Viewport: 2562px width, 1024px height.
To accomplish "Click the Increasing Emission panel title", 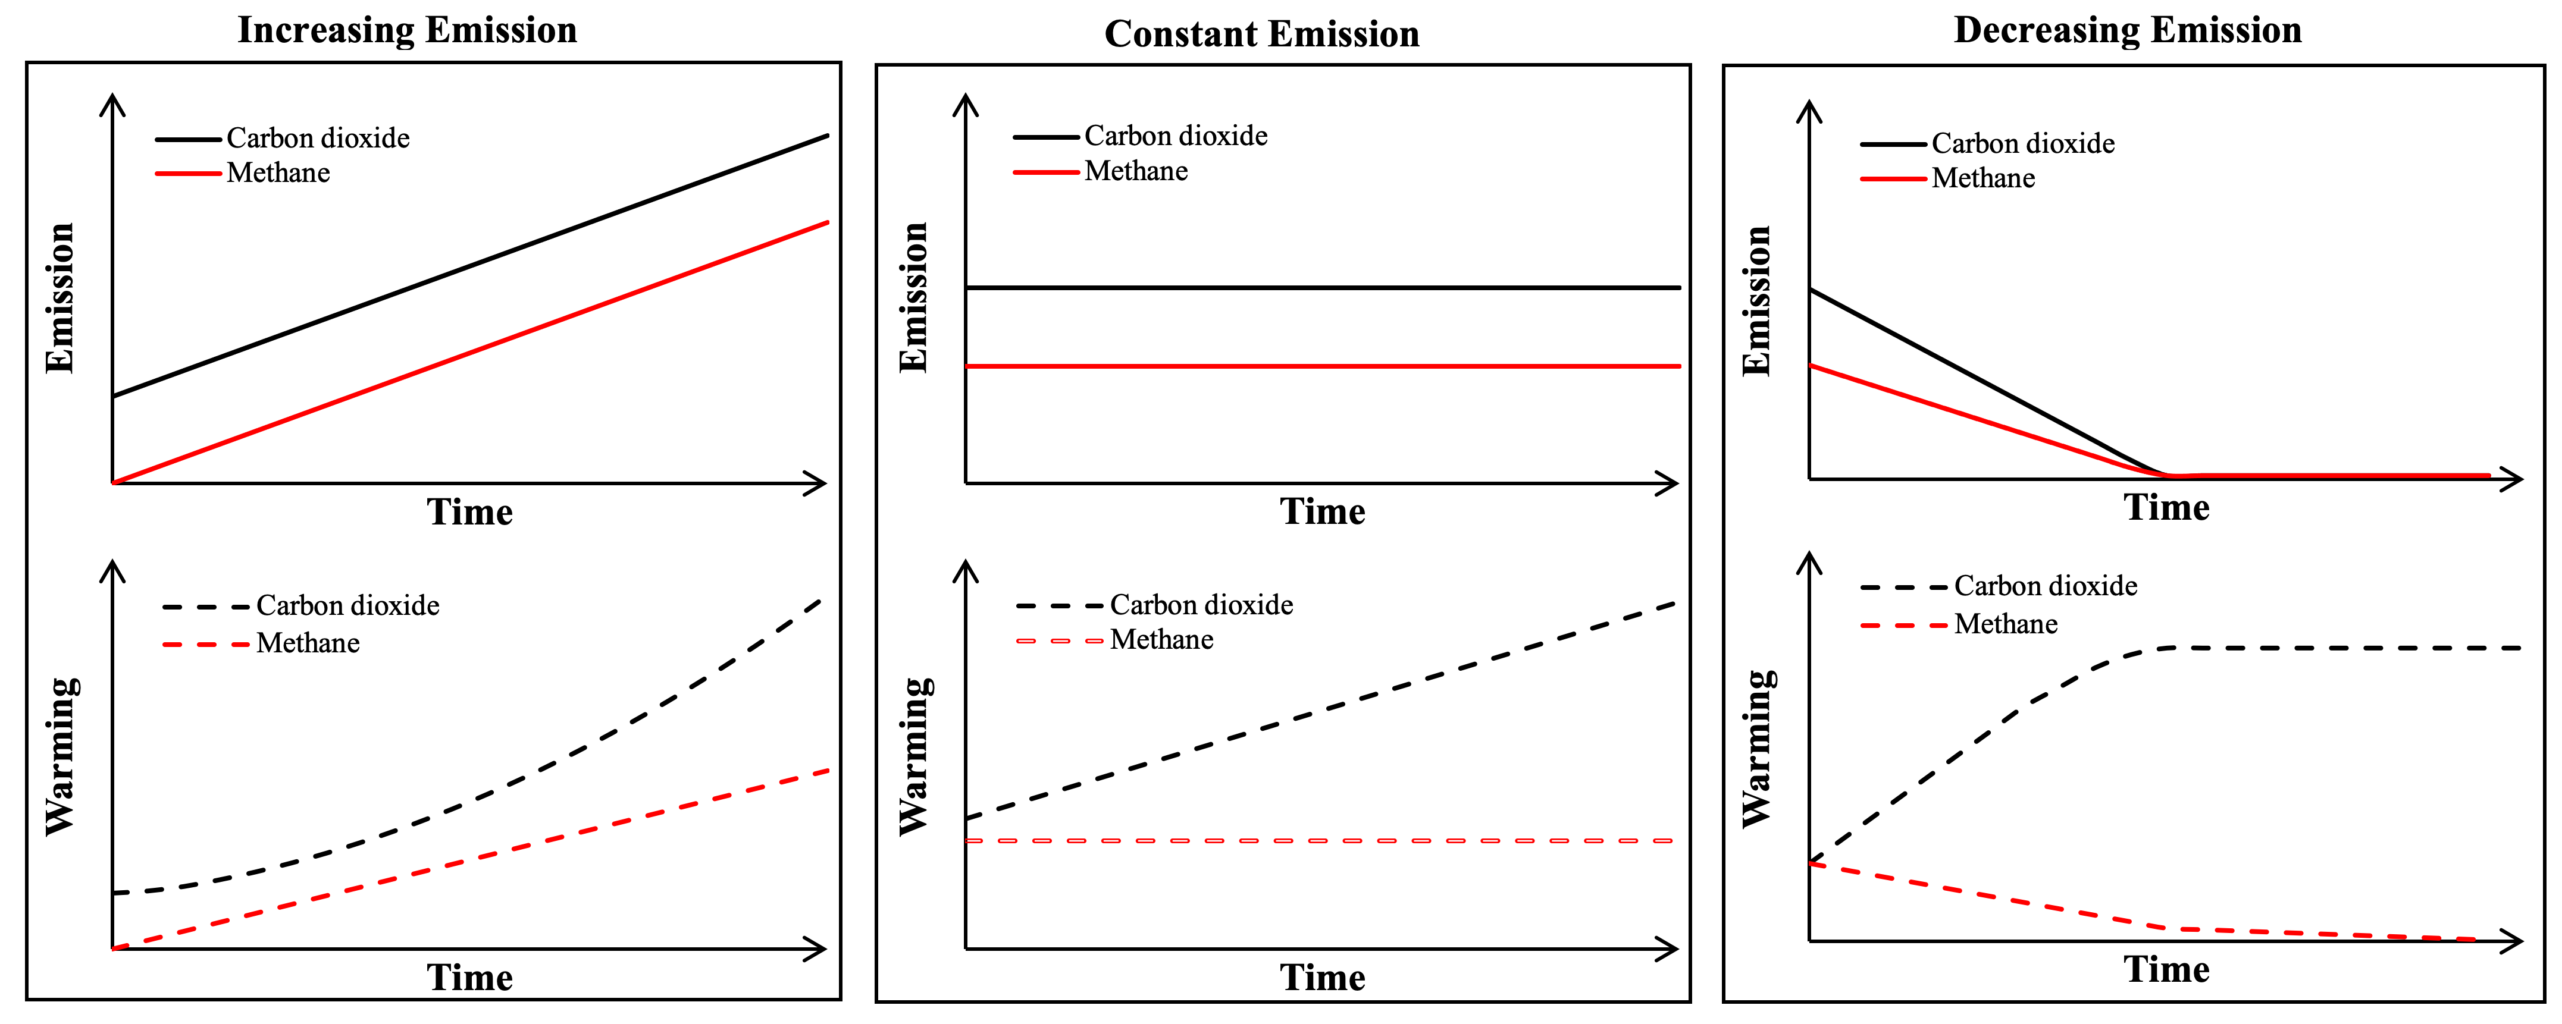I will coord(407,30).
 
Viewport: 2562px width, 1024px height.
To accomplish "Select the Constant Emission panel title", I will coord(1261,34).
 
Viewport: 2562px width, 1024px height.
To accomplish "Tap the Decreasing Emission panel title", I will coord(2128,30).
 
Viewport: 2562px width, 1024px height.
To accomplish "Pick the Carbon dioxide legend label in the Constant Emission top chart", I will coord(1176,136).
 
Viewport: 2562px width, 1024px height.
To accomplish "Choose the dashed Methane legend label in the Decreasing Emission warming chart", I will coord(2005,624).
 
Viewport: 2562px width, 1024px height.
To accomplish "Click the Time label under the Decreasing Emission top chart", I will coord(2166,508).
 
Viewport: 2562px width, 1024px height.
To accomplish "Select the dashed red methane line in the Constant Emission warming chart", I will coord(1323,841).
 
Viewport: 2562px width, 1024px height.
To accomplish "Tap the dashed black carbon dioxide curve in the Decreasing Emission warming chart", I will coord(2337,648).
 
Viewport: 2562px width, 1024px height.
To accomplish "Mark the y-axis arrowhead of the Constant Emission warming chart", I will coord(966,571).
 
